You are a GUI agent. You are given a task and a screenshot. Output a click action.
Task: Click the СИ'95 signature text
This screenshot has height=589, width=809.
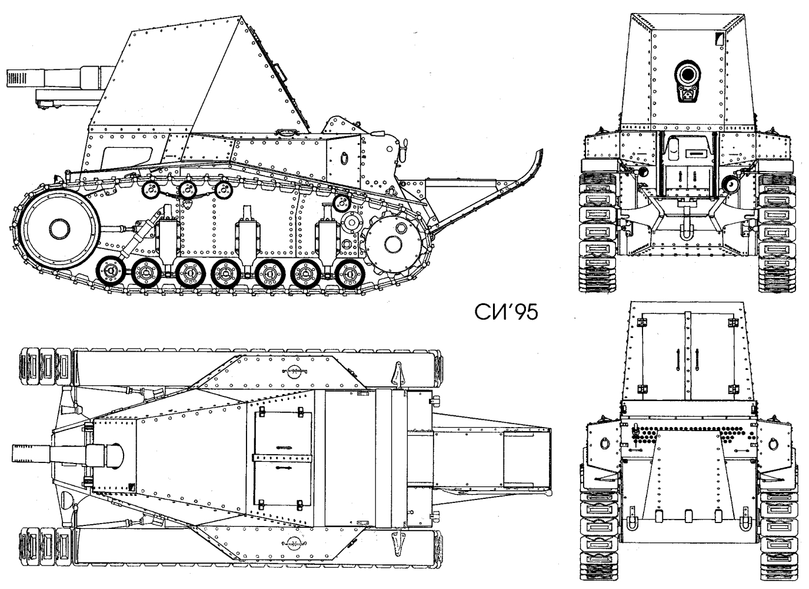506,312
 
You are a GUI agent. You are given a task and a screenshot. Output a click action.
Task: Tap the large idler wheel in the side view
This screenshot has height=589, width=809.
59,229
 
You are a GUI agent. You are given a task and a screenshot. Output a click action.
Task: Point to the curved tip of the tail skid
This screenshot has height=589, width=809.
541,151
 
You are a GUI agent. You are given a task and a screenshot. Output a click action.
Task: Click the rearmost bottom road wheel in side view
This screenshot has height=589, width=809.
349,274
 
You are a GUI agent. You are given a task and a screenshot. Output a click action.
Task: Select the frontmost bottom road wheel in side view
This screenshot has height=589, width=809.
111,271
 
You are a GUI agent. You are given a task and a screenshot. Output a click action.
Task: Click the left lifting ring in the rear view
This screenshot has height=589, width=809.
605,444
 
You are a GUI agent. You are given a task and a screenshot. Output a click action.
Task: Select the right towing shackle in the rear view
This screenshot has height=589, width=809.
745,521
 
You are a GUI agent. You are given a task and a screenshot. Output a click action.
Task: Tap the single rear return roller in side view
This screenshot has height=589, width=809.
341,204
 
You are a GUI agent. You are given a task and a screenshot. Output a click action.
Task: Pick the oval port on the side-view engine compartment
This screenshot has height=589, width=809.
344,158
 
